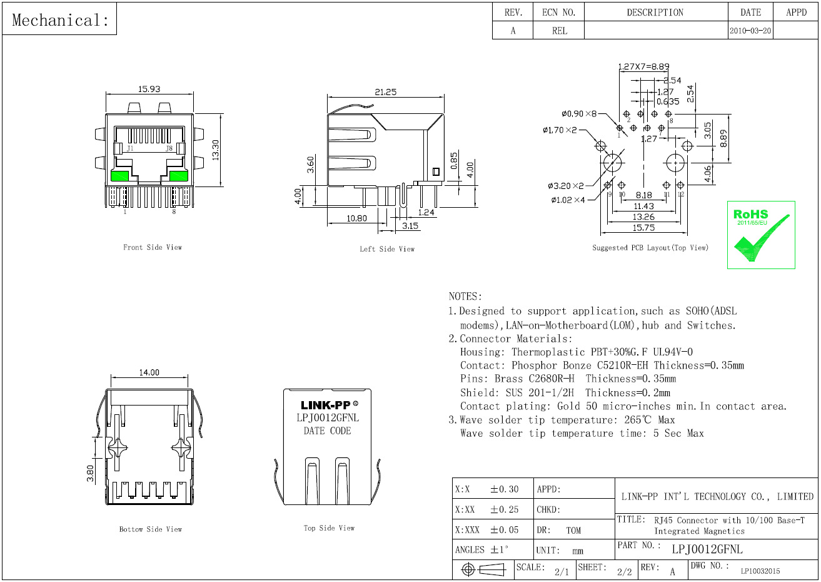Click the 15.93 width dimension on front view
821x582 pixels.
click(x=149, y=89)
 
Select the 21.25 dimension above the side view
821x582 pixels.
click(x=385, y=91)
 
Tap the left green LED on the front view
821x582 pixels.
click(x=119, y=176)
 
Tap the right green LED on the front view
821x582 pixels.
click(x=179, y=176)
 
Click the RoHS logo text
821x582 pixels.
click(x=751, y=215)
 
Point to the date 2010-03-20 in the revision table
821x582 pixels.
click(x=750, y=31)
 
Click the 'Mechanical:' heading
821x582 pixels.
click(x=60, y=20)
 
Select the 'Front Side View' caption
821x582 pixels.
click(x=152, y=247)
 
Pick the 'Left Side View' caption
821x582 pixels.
click(x=386, y=249)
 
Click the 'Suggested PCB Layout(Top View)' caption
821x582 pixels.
click(x=650, y=248)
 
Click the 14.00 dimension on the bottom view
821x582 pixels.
click(x=149, y=372)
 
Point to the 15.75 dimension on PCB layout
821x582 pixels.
click(x=643, y=228)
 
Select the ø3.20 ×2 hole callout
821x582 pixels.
click(x=566, y=186)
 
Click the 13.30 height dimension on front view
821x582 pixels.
click(x=215, y=150)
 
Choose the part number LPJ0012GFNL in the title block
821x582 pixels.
click(x=707, y=549)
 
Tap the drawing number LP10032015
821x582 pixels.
click(x=760, y=571)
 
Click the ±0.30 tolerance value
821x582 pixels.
click(x=504, y=489)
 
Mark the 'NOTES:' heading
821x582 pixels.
click(x=465, y=296)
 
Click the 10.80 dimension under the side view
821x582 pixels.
click(x=356, y=218)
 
